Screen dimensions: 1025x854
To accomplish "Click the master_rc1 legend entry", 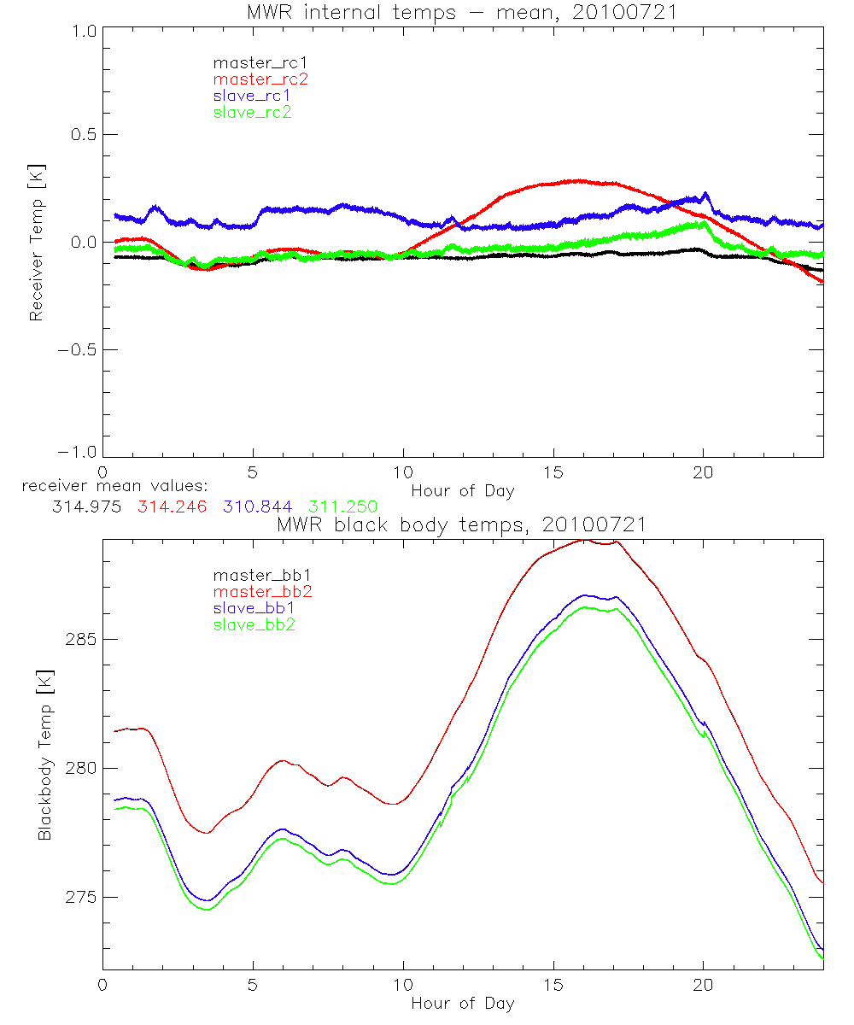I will tap(253, 63).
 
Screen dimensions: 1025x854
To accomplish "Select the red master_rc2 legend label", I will tap(260, 79).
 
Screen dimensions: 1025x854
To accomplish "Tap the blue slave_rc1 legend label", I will tap(253, 96).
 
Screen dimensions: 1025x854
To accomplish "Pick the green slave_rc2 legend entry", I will tap(253, 112).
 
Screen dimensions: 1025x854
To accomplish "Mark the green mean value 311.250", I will tap(343, 507).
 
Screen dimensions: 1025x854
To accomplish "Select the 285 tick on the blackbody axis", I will tap(79, 639).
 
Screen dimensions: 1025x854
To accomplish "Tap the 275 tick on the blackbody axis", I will tap(79, 897).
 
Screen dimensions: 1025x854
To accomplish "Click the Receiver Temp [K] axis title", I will tap(36, 242).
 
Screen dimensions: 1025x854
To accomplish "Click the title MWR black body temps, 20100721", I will tap(462, 524).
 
